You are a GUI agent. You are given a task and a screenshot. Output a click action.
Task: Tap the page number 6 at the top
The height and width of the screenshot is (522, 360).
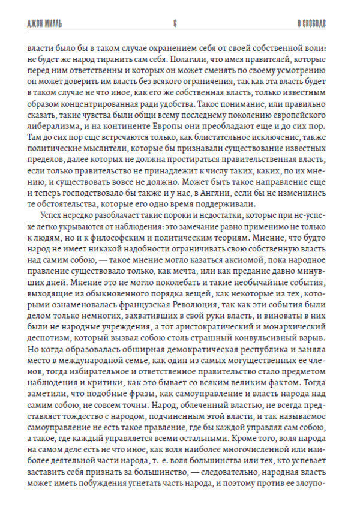tap(174, 24)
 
